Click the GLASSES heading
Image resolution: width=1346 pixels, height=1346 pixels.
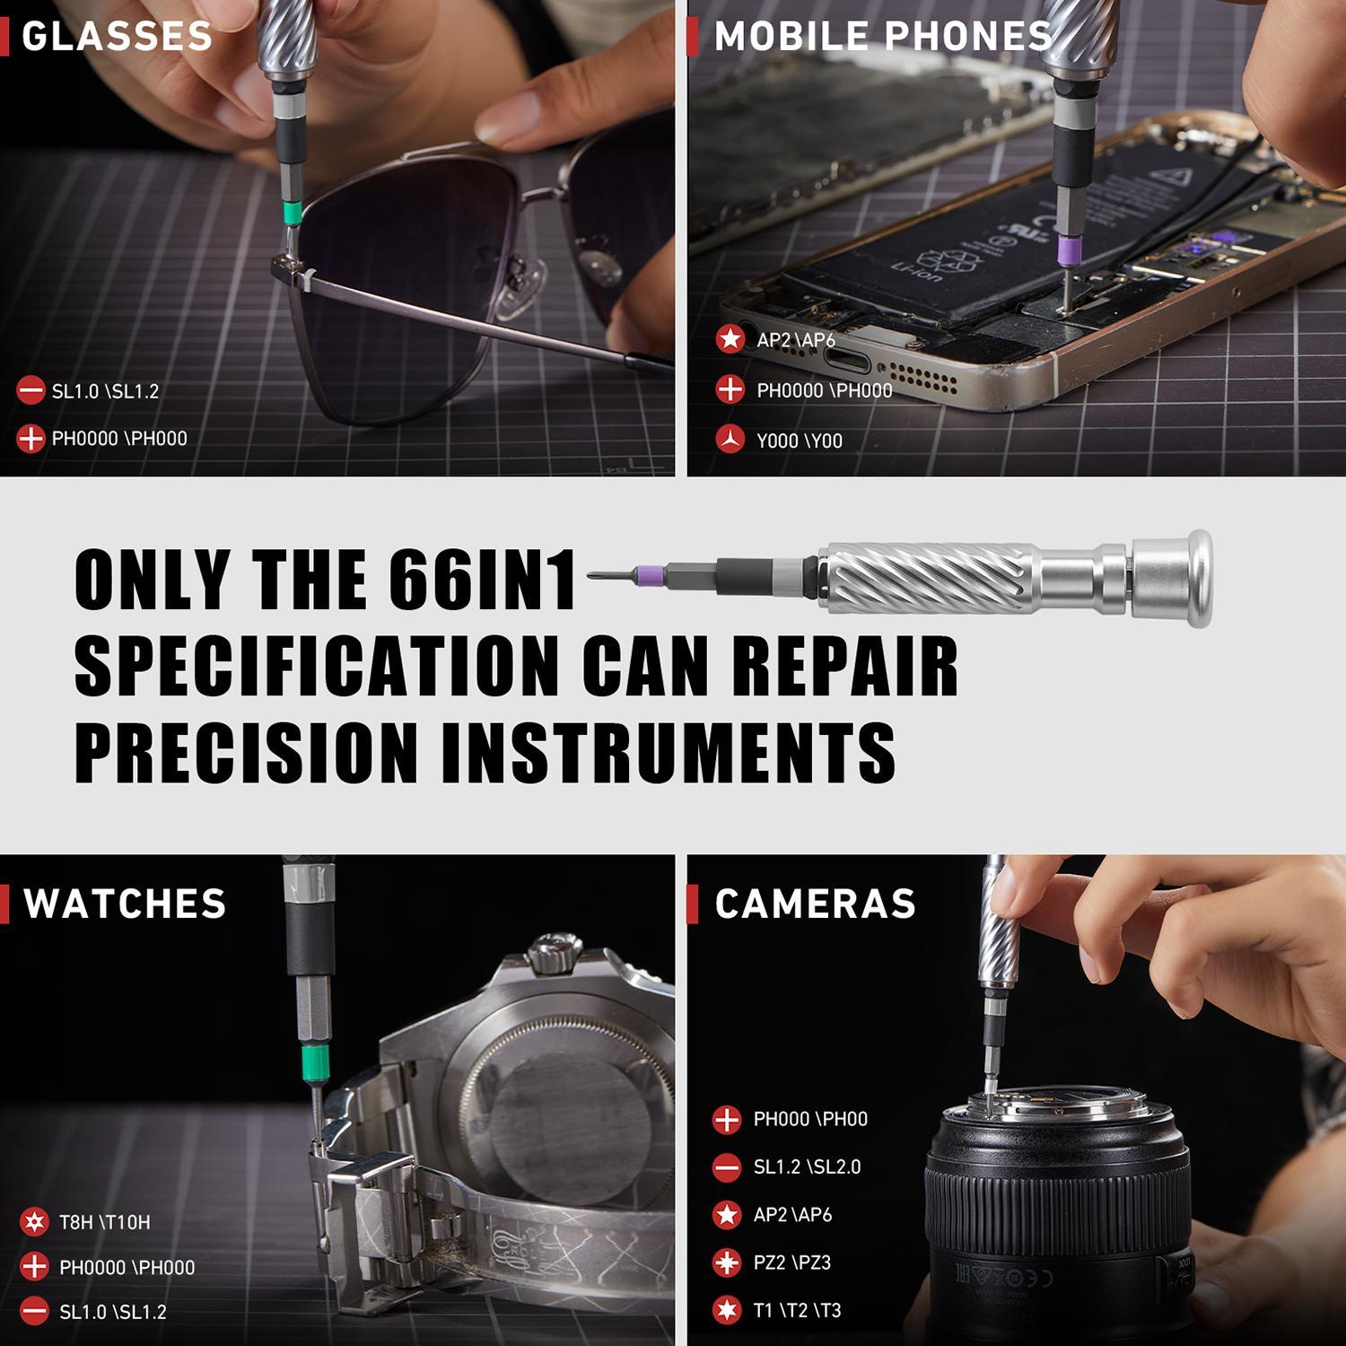[117, 37]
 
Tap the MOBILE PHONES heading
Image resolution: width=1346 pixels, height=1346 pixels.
[882, 37]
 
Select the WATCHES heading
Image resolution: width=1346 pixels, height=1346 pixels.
[125, 904]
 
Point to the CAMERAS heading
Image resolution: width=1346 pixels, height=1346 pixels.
[815, 904]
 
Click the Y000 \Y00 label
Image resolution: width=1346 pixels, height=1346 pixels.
[799, 441]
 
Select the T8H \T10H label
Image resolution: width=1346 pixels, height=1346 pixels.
[104, 1222]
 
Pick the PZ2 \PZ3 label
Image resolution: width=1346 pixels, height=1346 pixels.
[791, 1263]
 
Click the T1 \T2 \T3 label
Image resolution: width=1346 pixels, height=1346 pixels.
[797, 1310]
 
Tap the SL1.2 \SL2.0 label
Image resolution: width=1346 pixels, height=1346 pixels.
[807, 1167]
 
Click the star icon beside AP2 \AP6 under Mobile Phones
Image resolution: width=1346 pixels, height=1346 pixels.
[730, 339]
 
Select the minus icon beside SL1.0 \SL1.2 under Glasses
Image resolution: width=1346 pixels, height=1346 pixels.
[31, 390]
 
